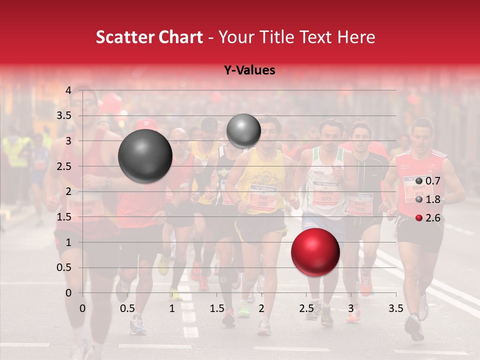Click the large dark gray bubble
click(145, 156)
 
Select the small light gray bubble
click(243, 130)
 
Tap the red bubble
click(315, 252)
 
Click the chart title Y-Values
click(249, 70)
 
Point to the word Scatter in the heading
click(122, 37)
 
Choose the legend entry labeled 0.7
click(428, 181)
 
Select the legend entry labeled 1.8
click(428, 199)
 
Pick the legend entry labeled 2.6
click(428, 217)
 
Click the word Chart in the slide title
click(182, 37)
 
